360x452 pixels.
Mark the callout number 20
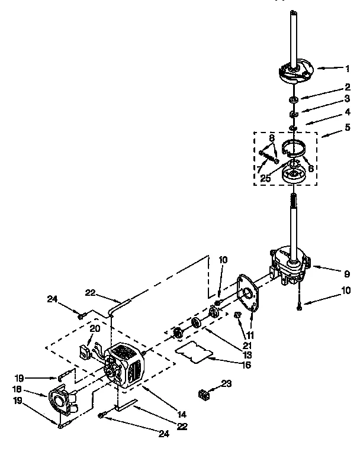(94, 329)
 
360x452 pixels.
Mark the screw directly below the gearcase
(300, 305)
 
